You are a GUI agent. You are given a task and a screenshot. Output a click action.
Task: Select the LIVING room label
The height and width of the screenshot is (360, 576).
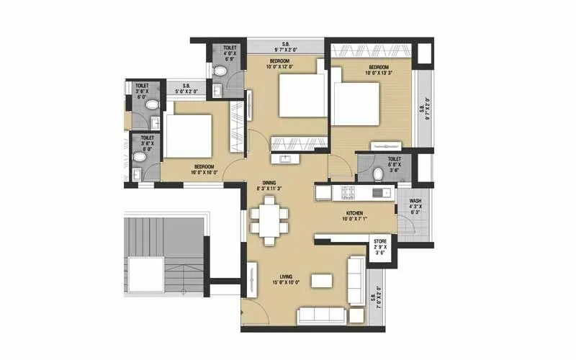coord(290,276)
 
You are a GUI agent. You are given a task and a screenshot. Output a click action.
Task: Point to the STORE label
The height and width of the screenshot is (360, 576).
coord(379,241)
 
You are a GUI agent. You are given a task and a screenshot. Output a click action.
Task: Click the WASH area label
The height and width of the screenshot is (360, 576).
coord(415,201)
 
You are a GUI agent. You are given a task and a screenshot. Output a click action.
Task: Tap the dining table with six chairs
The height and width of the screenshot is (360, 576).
coord(269,216)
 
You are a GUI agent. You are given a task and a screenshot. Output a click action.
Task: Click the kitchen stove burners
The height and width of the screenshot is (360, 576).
coord(348,193)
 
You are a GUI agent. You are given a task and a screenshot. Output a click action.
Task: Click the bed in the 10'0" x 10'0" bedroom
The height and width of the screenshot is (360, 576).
coord(189,136)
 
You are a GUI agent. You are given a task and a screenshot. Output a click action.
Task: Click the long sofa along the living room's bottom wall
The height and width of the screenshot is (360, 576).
coord(322,314)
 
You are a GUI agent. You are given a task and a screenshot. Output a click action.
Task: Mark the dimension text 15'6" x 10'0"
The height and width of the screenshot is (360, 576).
coord(289,283)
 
